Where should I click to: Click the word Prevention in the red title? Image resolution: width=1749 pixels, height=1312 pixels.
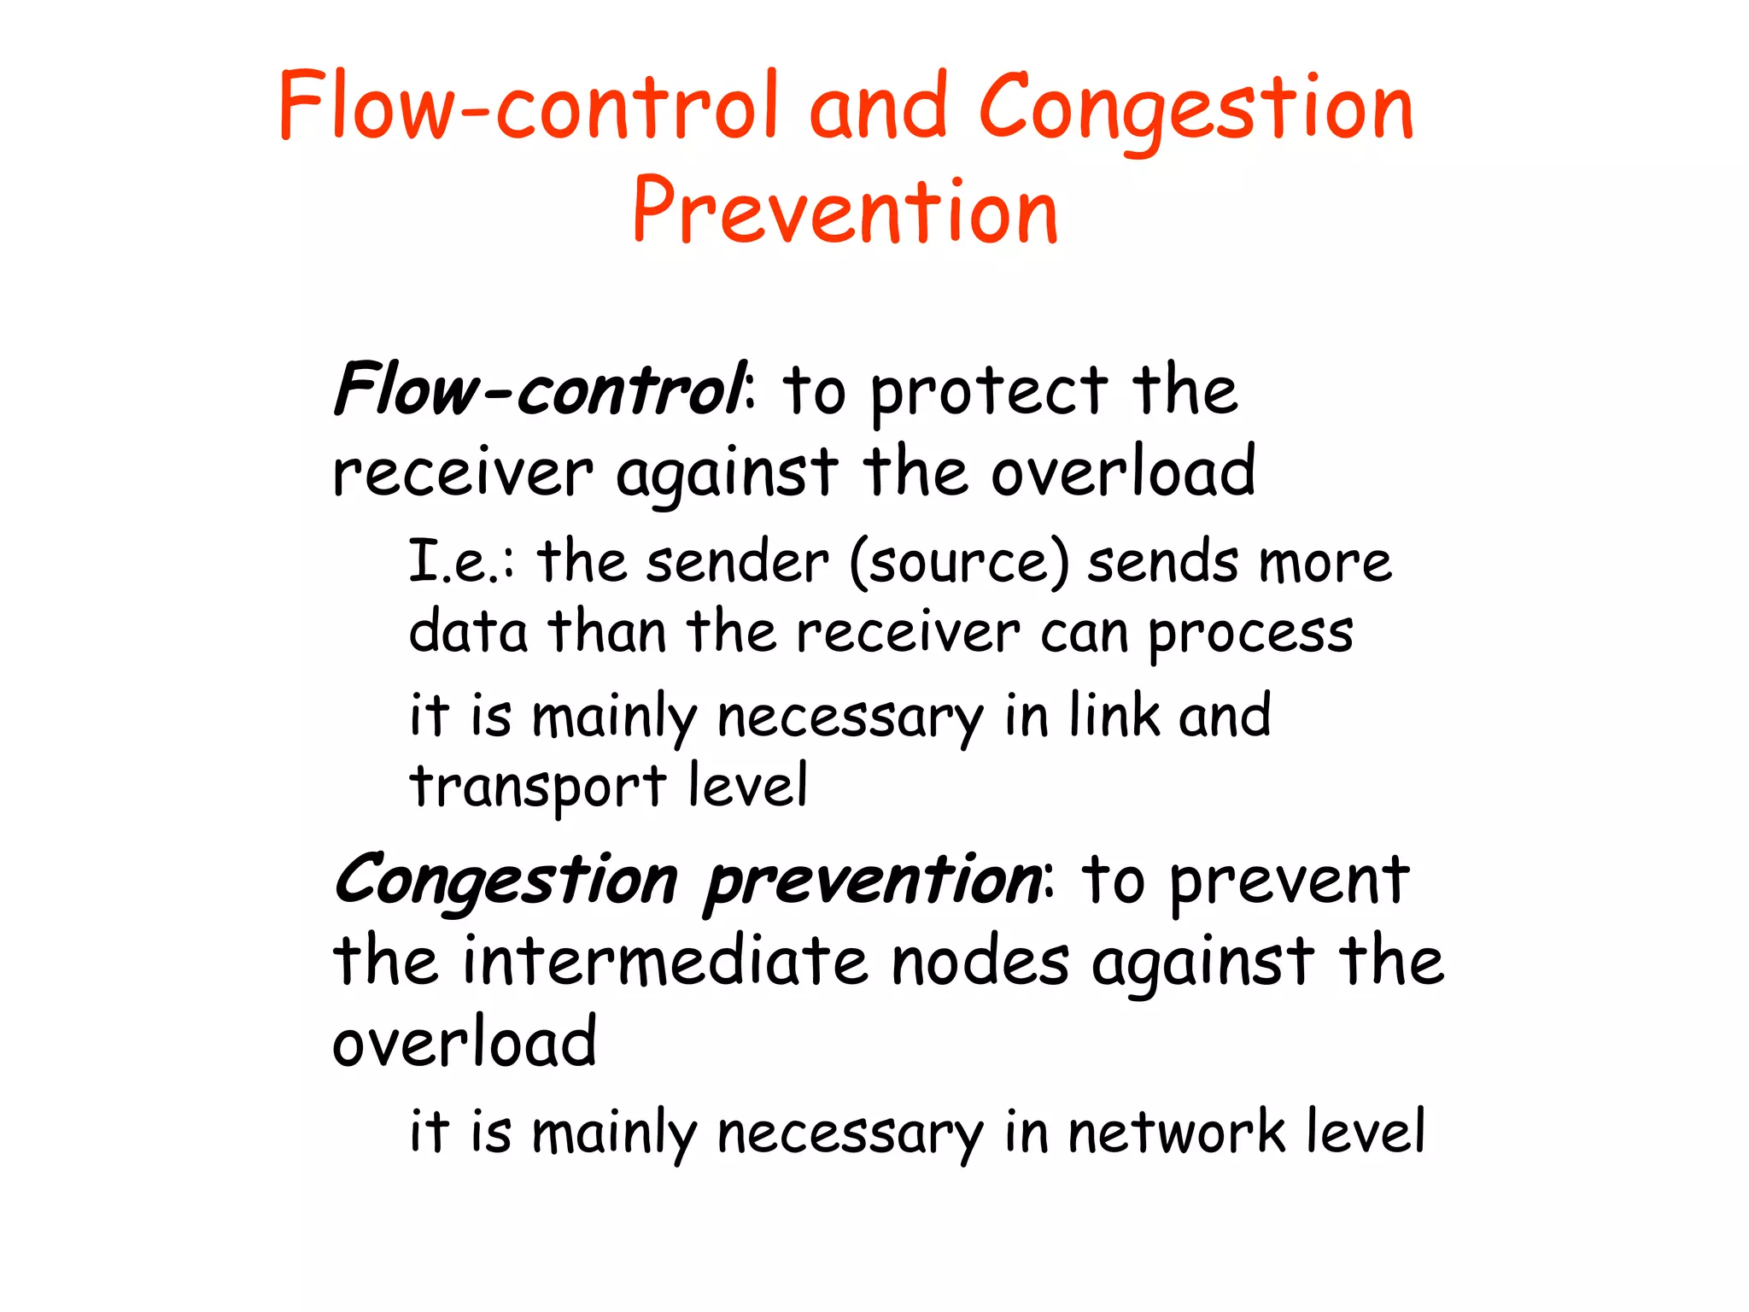click(x=845, y=210)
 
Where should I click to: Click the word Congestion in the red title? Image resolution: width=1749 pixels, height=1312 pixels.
click(x=1196, y=109)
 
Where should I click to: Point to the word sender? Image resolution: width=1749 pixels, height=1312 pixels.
click(x=737, y=563)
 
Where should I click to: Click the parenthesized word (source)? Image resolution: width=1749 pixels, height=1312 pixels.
click(x=958, y=565)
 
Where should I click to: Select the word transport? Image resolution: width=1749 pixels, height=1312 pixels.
click(x=537, y=787)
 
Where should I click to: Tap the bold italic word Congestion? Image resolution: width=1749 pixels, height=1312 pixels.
click(x=506, y=881)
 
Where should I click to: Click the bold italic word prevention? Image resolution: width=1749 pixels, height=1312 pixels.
click(x=873, y=881)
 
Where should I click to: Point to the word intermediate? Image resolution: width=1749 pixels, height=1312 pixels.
click(x=666, y=962)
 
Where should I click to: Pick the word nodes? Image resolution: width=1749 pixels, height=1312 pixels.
click(x=980, y=962)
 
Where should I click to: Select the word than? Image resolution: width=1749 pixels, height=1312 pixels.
click(x=606, y=632)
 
